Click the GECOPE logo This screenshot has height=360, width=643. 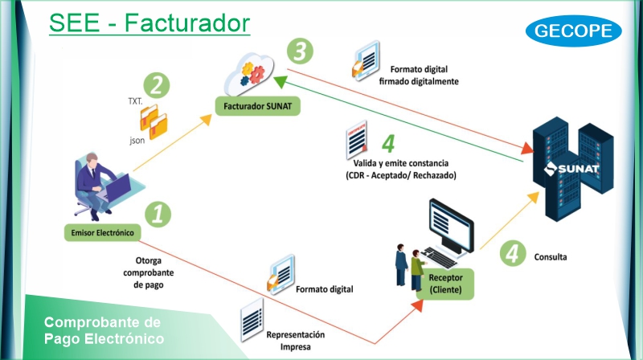pyautogui.click(x=573, y=31)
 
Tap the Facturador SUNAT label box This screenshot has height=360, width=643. pyautogui.click(x=257, y=106)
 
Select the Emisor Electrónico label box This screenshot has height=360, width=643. pyautogui.click(x=103, y=232)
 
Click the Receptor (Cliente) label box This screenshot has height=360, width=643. pyautogui.click(x=445, y=284)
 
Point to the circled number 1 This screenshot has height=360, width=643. pyautogui.click(x=158, y=214)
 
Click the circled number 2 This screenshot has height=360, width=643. pyautogui.click(x=156, y=85)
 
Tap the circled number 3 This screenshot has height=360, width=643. pyautogui.click(x=300, y=51)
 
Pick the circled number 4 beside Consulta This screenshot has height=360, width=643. pyautogui.click(x=513, y=253)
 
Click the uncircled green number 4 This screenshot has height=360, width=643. pyautogui.click(x=388, y=143)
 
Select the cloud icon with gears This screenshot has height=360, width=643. pyautogui.click(x=249, y=74)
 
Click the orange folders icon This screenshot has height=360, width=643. pyautogui.click(x=154, y=121)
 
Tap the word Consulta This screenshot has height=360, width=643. pyautogui.click(x=551, y=257)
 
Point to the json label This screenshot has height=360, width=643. pyautogui.click(x=137, y=141)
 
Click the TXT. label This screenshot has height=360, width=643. pyautogui.click(x=135, y=101)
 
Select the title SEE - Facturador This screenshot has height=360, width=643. pyautogui.click(x=149, y=23)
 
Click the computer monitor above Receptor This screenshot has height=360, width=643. pyautogui.click(x=451, y=226)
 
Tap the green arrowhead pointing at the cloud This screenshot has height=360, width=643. pyautogui.click(x=281, y=81)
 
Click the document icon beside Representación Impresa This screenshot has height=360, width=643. pyautogui.click(x=252, y=320)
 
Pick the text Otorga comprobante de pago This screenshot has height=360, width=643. pyautogui.click(x=149, y=272)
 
